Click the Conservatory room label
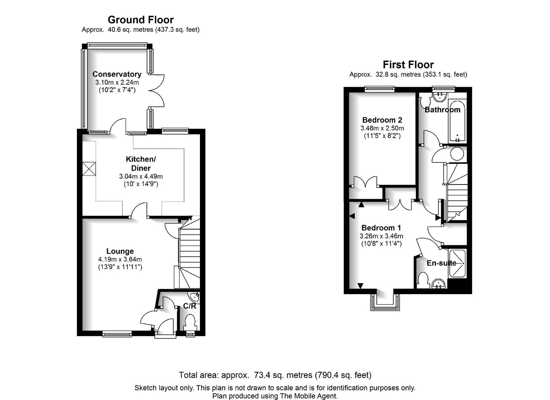(x=117, y=74)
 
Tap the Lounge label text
(x=120, y=251)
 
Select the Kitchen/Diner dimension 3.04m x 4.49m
(x=141, y=176)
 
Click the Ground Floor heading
(x=141, y=20)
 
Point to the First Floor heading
(x=408, y=64)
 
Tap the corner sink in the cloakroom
(x=195, y=298)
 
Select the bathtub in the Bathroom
(x=457, y=121)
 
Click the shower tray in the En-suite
(x=457, y=264)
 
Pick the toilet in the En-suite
(x=423, y=280)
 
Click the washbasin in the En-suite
(x=439, y=284)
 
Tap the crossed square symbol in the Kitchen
(x=89, y=169)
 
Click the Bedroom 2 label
(x=382, y=120)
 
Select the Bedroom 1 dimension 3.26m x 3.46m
(x=381, y=236)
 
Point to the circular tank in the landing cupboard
(x=457, y=154)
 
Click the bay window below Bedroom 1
(x=385, y=302)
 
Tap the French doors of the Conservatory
(x=156, y=91)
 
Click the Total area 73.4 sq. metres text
(x=275, y=375)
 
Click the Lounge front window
(x=117, y=334)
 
